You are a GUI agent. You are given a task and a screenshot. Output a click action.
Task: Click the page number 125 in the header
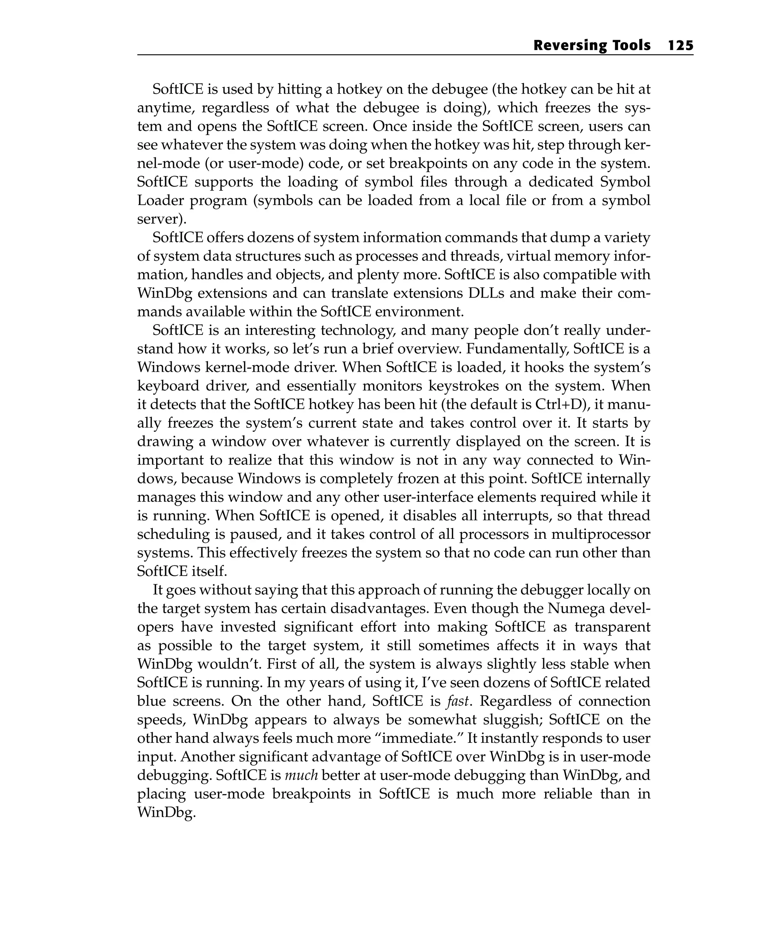point(680,46)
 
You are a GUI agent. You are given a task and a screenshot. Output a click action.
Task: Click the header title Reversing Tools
point(591,46)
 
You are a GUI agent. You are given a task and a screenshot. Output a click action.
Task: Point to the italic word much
point(301,775)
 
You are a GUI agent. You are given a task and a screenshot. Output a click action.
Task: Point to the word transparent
point(612,627)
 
